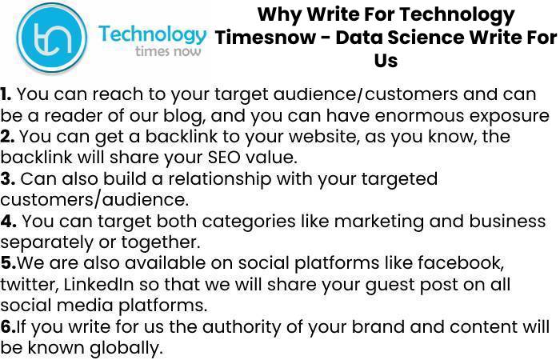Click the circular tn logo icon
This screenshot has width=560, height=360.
(x=52, y=37)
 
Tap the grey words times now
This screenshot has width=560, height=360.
(x=168, y=51)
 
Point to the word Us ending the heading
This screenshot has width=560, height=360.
(x=386, y=60)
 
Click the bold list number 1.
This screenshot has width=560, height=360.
(x=6, y=94)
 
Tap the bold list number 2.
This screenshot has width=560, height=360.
(x=7, y=137)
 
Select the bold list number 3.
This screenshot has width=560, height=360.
(x=7, y=178)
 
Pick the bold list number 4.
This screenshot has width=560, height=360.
(x=8, y=221)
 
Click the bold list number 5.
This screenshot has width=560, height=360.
(x=8, y=263)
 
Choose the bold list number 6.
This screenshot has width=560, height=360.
(x=8, y=326)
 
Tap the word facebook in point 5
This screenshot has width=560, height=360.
(x=461, y=263)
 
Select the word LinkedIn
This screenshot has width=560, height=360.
(x=98, y=284)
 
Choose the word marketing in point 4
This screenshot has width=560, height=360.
(x=379, y=222)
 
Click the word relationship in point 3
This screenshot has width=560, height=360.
(x=220, y=179)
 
